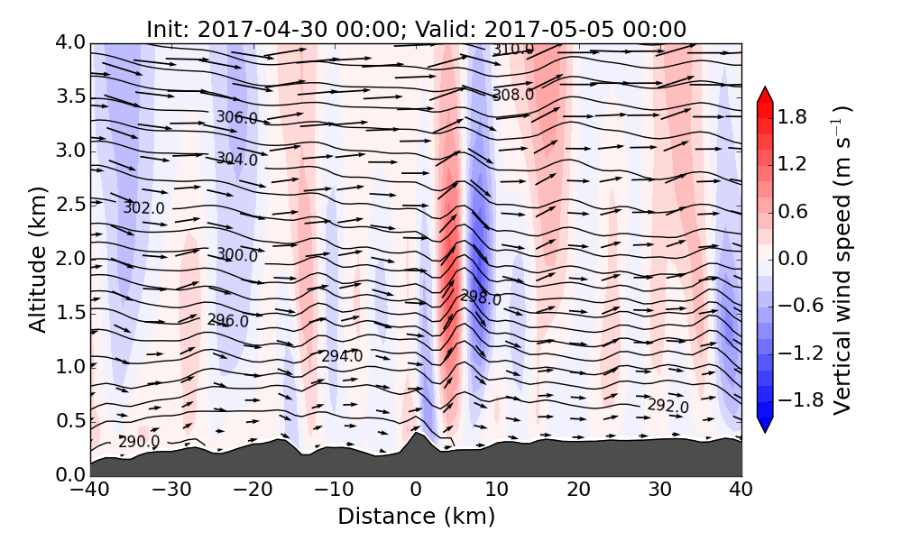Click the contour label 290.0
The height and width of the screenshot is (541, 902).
(x=139, y=442)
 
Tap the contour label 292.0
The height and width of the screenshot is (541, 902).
(x=667, y=406)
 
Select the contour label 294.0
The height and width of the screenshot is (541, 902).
(x=342, y=356)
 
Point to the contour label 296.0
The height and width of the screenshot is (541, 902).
(x=227, y=320)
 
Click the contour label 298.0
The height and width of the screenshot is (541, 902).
(x=481, y=298)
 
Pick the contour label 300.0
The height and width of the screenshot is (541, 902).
(x=237, y=255)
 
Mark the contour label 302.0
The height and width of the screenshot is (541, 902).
(x=144, y=207)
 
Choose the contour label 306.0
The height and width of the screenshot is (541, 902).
(x=236, y=117)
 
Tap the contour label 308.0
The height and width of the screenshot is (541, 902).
(x=513, y=95)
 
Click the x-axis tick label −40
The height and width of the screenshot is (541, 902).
(x=90, y=490)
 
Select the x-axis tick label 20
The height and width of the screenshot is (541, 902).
(x=578, y=490)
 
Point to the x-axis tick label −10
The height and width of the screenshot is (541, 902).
(x=334, y=490)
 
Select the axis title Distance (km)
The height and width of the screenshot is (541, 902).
(x=416, y=517)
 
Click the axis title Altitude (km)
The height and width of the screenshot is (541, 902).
(x=37, y=260)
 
